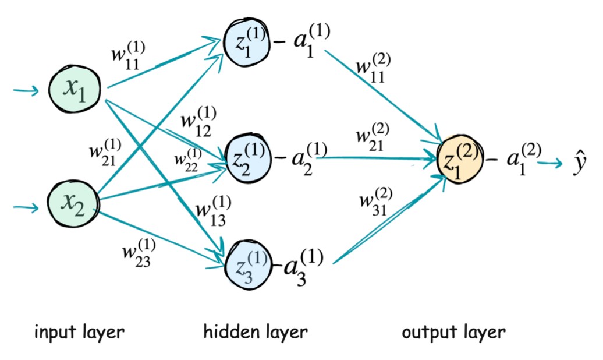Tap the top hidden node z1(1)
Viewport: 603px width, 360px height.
pos(247,44)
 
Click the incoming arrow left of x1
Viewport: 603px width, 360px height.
pos(26,90)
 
